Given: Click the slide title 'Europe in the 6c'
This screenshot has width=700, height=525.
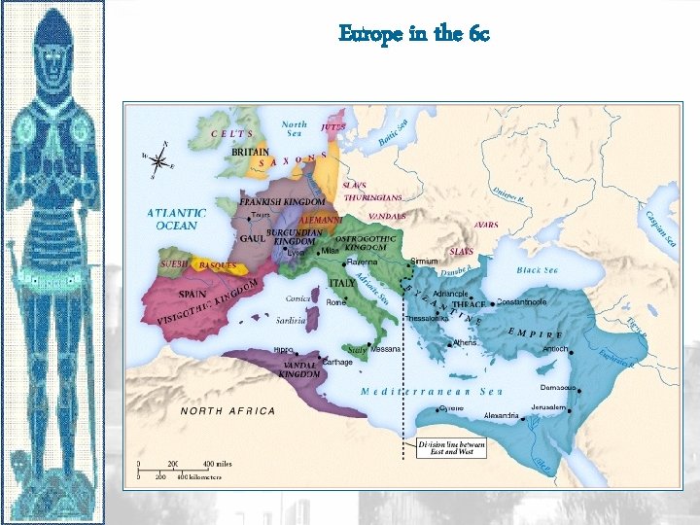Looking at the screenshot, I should (x=414, y=34).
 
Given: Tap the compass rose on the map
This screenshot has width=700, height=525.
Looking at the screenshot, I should (x=157, y=161).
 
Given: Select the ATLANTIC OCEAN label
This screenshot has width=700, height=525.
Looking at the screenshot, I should (x=176, y=219).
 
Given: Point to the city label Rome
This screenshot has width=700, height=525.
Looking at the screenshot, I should (x=336, y=302).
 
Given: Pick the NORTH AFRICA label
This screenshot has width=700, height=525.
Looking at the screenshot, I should (x=227, y=411).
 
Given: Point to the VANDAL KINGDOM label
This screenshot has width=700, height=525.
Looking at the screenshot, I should (x=299, y=368).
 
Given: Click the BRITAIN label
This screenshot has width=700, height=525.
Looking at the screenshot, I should (x=252, y=152).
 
